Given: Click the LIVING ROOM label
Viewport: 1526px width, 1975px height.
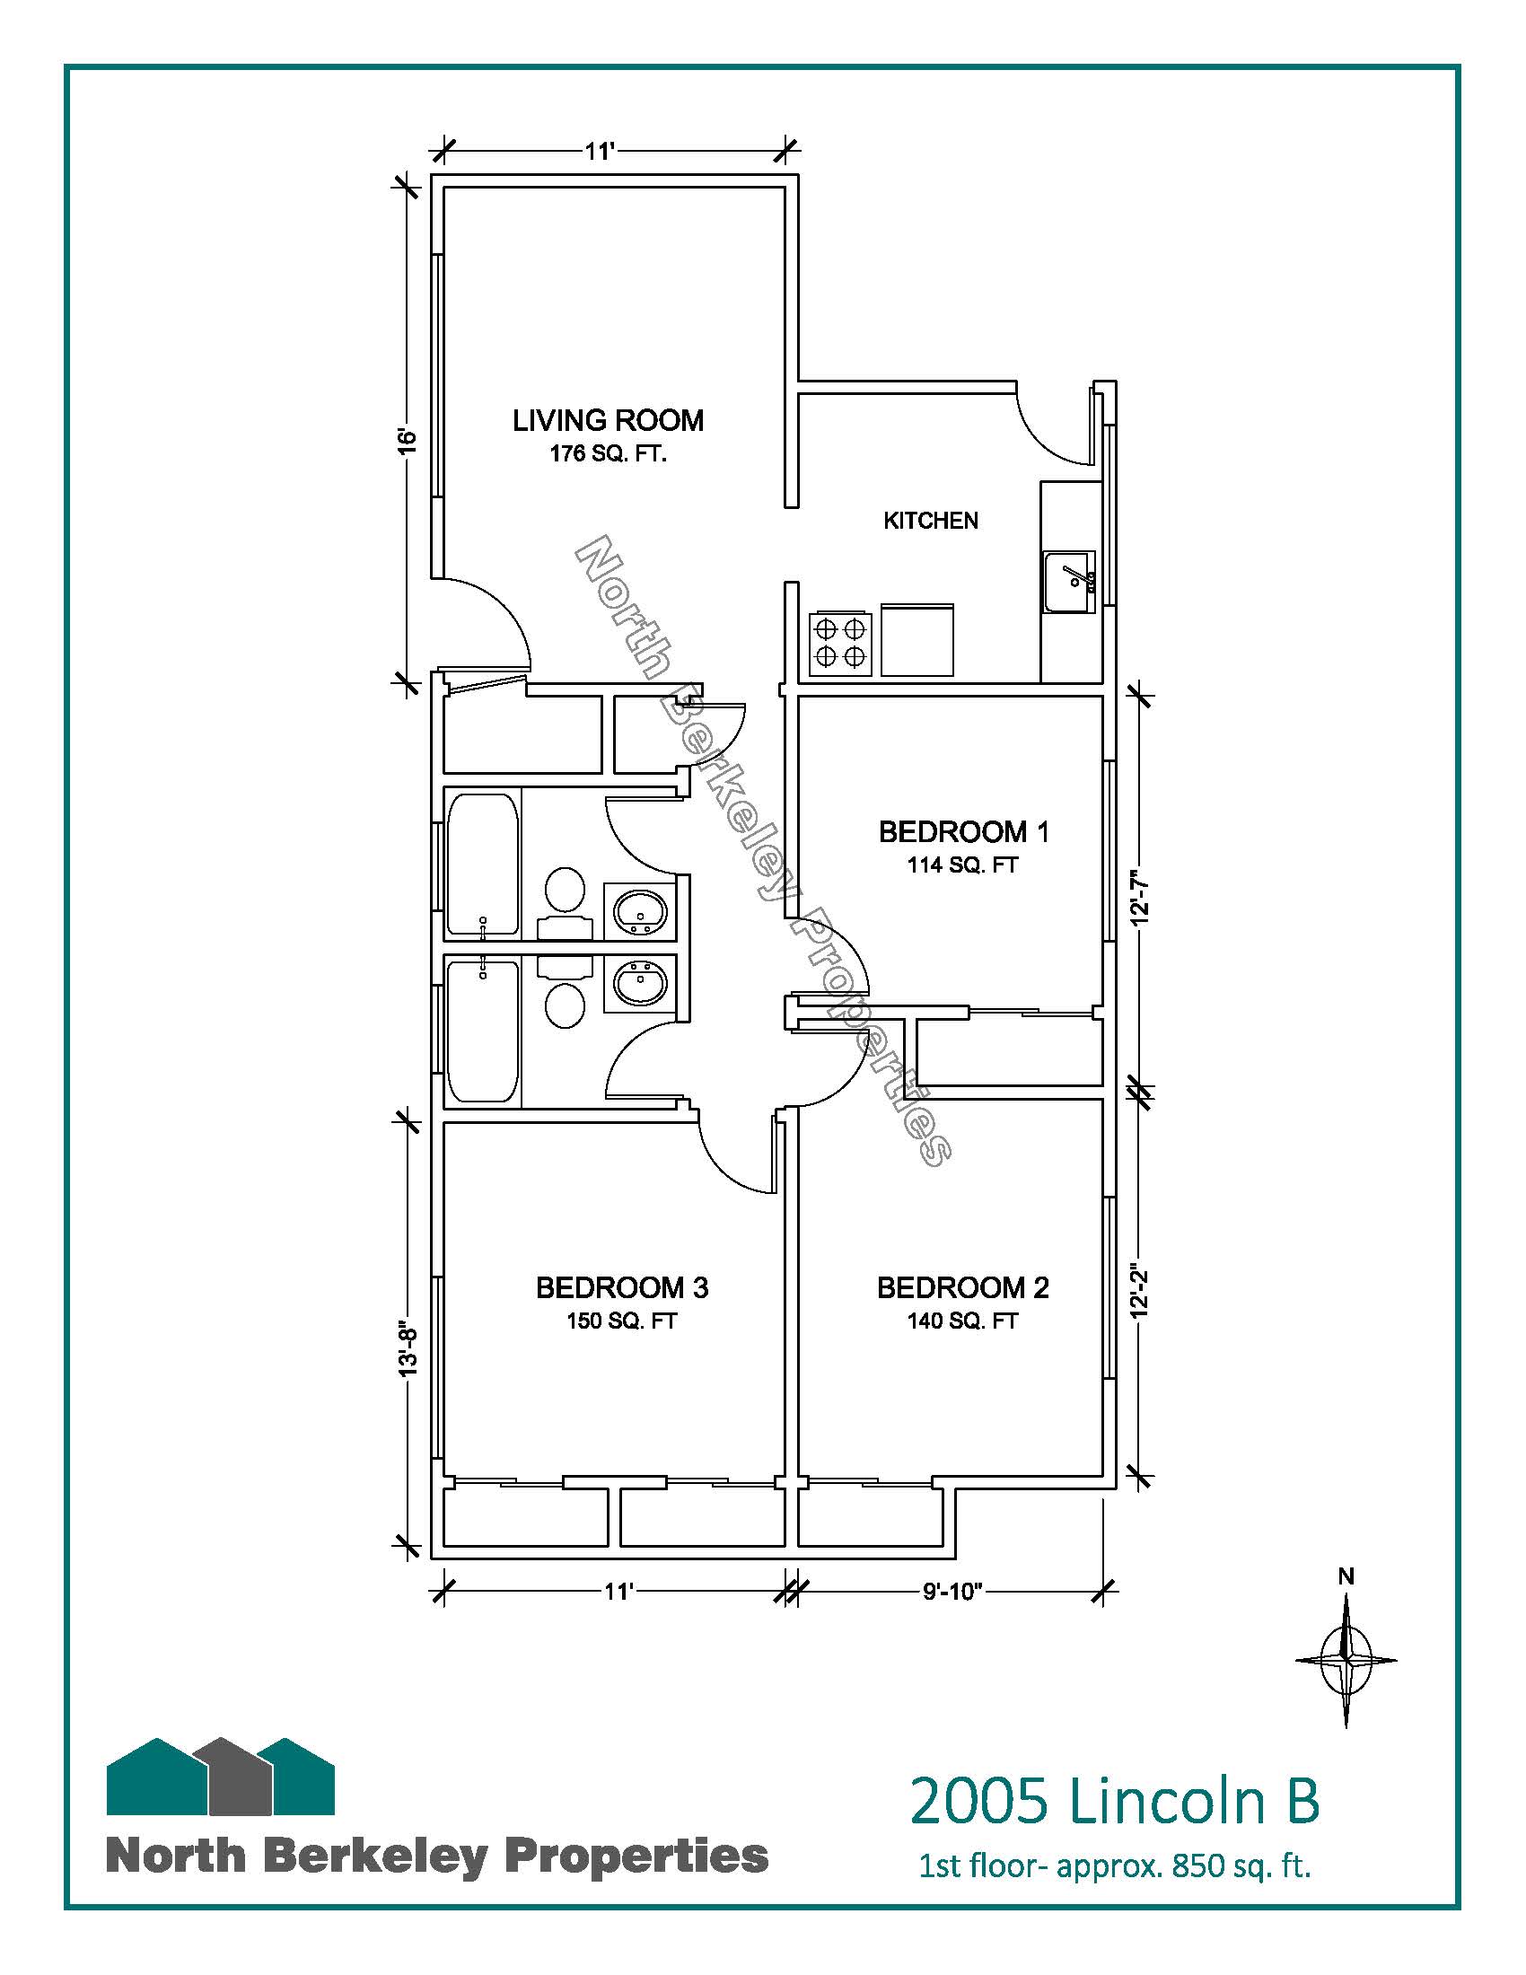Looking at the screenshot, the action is point(608,420).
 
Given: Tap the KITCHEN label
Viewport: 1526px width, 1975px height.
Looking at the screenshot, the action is point(930,521).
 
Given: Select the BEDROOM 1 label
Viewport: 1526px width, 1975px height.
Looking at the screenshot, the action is point(964,832).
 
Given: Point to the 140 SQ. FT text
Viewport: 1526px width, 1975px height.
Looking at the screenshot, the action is point(963,1321).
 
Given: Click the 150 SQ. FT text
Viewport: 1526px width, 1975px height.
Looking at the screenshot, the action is point(622,1321).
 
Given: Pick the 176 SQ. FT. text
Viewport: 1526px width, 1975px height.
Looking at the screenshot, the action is point(608,454).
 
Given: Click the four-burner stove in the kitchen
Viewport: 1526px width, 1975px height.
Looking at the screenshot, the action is point(841,643).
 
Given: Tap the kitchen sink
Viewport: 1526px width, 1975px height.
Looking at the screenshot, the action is point(1069,582).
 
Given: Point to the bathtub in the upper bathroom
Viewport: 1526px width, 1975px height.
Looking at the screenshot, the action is point(483,865).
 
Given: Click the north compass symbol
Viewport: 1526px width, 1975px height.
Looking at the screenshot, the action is point(1346,1658).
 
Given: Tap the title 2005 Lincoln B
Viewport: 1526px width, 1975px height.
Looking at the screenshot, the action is point(1114,1800).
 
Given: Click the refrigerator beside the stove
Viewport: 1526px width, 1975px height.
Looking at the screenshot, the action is point(917,639).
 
